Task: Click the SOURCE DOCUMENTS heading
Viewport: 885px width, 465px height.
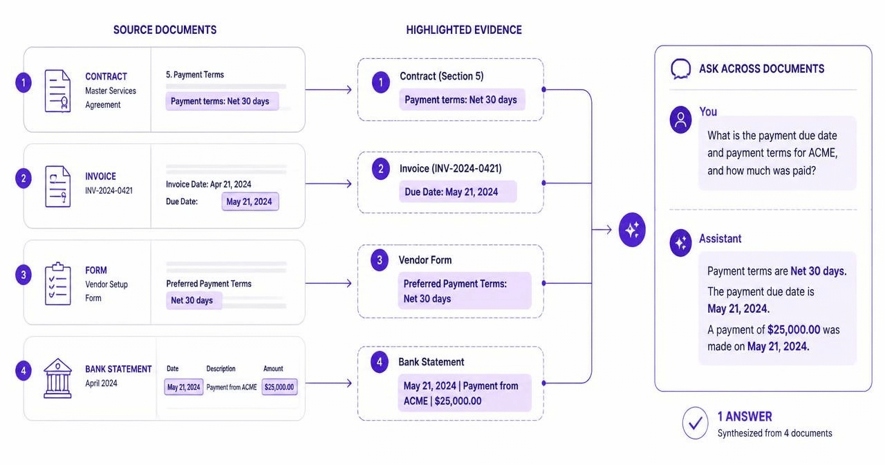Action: click(x=165, y=30)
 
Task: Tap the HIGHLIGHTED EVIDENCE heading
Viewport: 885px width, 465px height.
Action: click(x=464, y=30)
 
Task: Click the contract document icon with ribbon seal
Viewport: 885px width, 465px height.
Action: click(x=57, y=91)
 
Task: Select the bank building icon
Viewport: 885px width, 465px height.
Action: click(x=57, y=378)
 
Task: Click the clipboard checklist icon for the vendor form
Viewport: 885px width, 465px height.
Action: click(x=57, y=284)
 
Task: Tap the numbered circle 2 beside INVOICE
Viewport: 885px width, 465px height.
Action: click(x=24, y=179)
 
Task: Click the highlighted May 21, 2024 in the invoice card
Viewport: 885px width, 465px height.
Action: click(x=250, y=201)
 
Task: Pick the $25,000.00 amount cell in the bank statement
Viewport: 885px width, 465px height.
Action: click(x=279, y=387)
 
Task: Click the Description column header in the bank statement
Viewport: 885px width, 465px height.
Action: click(x=221, y=369)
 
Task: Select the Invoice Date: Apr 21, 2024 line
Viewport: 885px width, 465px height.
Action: click(x=208, y=184)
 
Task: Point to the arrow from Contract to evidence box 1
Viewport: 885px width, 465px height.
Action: click(x=328, y=90)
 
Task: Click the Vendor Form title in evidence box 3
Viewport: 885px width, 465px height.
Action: click(x=425, y=260)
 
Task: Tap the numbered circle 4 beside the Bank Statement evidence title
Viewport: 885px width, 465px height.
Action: click(x=380, y=361)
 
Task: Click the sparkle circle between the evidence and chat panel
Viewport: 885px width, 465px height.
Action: click(x=632, y=230)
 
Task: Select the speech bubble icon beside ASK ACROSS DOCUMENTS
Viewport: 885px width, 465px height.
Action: click(x=681, y=69)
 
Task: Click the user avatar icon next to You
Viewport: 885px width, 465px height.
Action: click(x=680, y=120)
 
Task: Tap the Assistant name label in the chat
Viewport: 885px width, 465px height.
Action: click(x=720, y=239)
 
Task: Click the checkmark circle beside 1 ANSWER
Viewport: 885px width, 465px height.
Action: click(x=696, y=423)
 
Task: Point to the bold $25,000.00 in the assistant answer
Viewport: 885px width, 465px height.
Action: click(x=794, y=330)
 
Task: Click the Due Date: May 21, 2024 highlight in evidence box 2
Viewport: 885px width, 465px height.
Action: click(x=458, y=192)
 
